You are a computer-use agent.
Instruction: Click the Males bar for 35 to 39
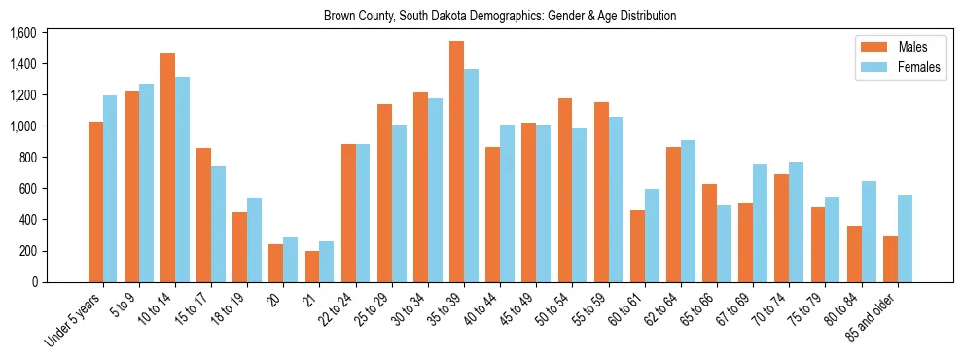[456, 162]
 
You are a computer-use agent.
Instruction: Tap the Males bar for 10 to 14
[167, 167]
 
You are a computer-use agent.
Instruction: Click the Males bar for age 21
[312, 267]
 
